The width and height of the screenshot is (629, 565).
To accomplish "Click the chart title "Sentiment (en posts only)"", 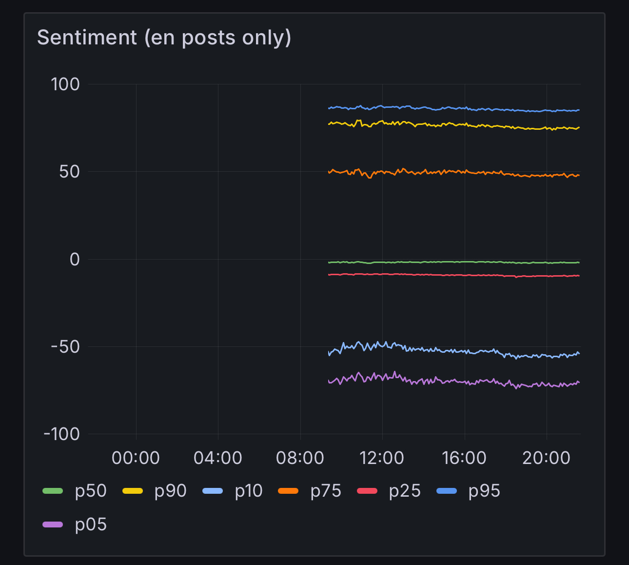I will (164, 38).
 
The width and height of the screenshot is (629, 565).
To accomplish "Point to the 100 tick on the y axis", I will (65, 84).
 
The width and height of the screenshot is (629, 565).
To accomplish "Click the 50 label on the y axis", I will (69, 172).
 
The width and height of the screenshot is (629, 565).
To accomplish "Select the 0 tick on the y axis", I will (75, 259).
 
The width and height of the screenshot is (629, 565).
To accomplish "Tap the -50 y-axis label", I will (65, 347).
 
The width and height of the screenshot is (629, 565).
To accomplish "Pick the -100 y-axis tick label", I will (61, 434).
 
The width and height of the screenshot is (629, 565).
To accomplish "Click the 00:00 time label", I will (136, 458).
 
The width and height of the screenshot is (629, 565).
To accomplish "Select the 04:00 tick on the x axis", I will (217, 458).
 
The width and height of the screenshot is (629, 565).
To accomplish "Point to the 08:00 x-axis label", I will (300, 458).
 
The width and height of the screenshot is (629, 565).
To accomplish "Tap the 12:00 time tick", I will (382, 458).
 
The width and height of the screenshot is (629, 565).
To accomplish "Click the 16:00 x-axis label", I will (464, 458).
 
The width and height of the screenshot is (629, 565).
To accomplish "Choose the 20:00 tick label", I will (546, 458).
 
